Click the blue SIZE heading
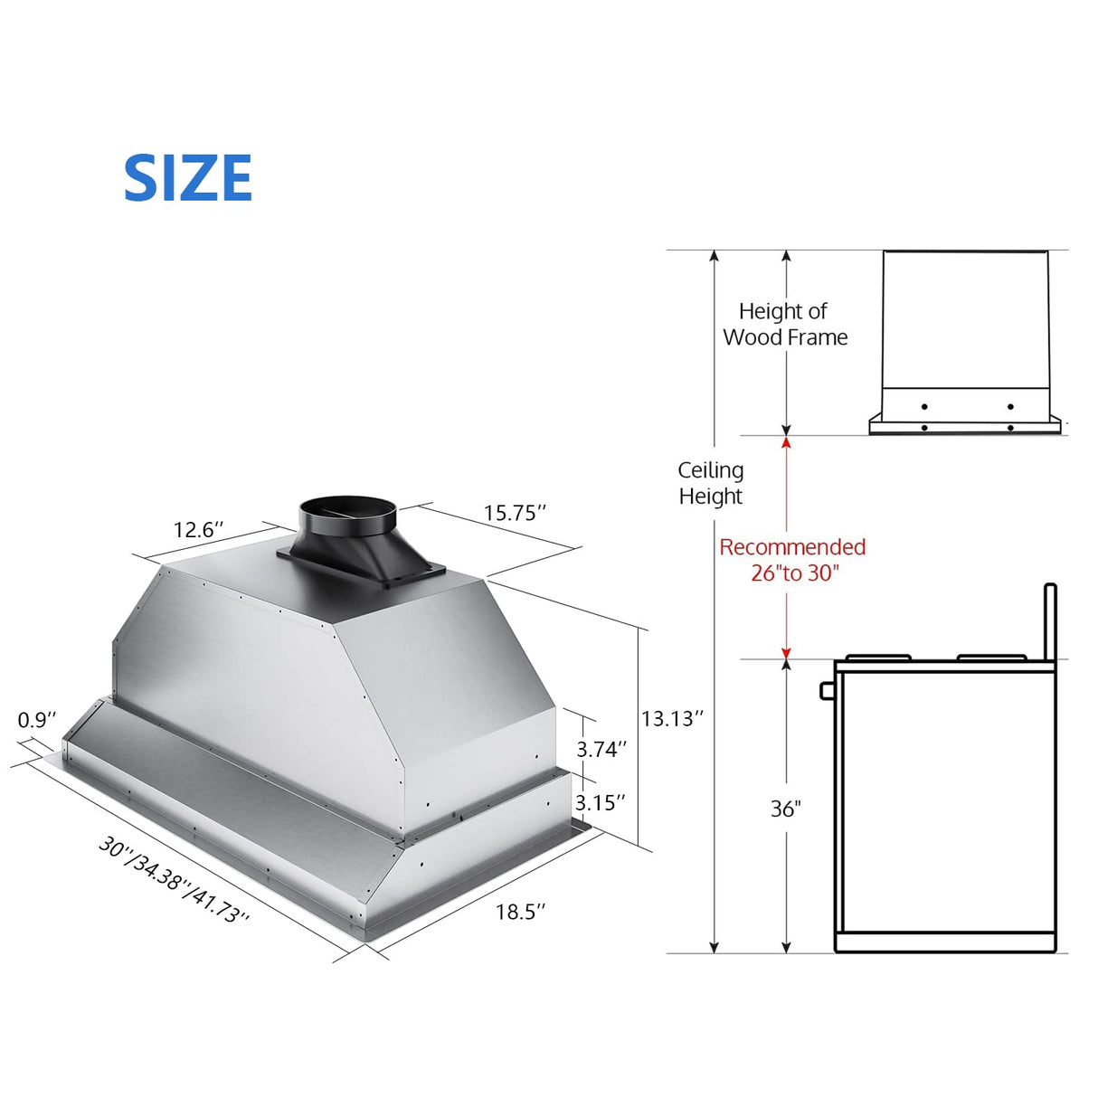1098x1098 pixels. (x=187, y=177)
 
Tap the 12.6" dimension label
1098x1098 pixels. (x=198, y=529)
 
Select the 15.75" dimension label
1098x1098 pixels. (x=515, y=513)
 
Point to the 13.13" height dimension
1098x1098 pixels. (x=672, y=719)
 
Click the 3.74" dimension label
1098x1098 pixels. (x=601, y=749)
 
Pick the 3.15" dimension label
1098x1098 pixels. (x=600, y=803)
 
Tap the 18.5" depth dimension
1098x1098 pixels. (x=520, y=912)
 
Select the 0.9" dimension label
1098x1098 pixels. (x=37, y=720)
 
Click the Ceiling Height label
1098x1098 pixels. (x=711, y=483)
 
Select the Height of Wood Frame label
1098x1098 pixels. (x=785, y=324)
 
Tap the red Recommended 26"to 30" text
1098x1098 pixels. (x=793, y=560)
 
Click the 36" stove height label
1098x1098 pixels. (x=785, y=809)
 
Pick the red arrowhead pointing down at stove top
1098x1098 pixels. (x=786, y=653)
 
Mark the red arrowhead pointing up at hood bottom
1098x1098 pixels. (x=786, y=442)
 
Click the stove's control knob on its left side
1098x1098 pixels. (x=827, y=691)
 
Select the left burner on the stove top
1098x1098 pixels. (x=878, y=657)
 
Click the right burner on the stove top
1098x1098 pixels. (x=991, y=657)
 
